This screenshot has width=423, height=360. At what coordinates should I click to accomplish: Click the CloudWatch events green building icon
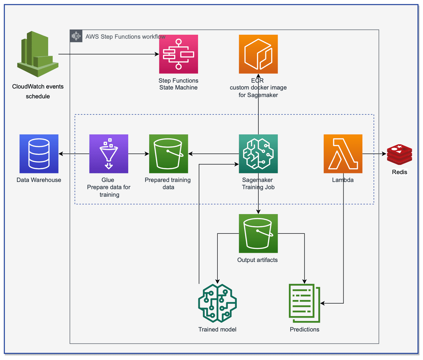click(38, 54)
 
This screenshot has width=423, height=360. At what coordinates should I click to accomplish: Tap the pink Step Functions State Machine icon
click(178, 54)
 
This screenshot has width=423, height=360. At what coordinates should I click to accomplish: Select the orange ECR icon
click(258, 54)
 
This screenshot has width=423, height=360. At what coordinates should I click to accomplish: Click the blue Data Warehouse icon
click(39, 154)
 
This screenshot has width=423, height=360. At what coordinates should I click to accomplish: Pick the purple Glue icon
click(109, 154)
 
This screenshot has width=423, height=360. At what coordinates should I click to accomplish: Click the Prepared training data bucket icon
click(169, 154)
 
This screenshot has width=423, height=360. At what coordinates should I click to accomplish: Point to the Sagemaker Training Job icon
click(258, 154)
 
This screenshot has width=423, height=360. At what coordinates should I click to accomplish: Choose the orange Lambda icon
click(343, 154)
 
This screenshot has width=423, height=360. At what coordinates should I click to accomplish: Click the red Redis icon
click(399, 154)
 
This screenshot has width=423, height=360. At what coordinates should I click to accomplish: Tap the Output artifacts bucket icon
click(258, 233)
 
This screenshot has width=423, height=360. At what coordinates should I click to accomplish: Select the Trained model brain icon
click(217, 303)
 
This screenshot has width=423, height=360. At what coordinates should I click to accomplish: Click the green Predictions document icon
click(304, 303)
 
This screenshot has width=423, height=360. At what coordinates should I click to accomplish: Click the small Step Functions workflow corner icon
click(76, 36)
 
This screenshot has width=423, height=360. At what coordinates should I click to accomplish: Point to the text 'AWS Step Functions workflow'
click(125, 37)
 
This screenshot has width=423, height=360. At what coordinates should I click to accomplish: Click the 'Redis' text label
click(399, 172)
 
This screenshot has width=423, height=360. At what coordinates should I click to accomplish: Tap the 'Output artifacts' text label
click(257, 260)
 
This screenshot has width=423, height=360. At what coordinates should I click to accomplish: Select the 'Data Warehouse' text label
click(39, 180)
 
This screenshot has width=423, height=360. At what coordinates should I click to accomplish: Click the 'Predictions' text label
click(304, 330)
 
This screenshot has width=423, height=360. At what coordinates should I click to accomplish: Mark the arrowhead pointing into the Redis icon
click(384, 154)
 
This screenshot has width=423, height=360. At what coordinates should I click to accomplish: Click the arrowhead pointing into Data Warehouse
click(61, 154)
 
